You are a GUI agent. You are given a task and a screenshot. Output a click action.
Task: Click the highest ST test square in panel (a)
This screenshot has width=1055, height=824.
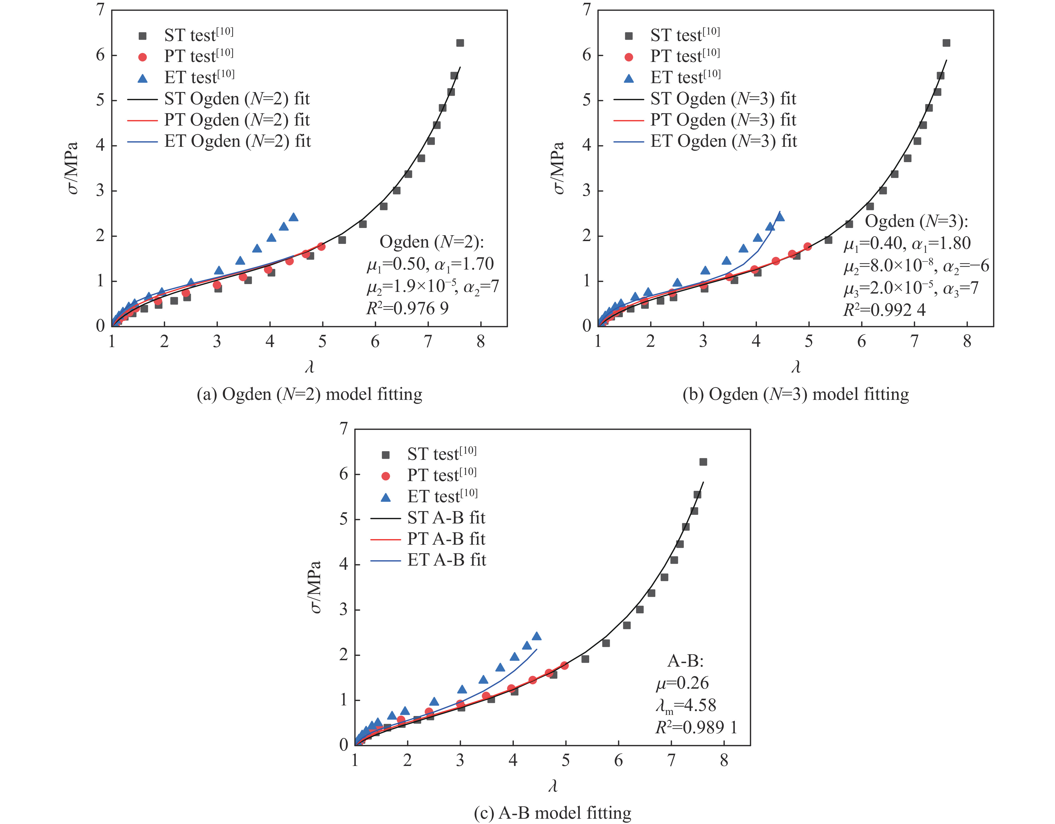460,43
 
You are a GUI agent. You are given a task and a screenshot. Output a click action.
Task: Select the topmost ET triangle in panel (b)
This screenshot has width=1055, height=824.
779,217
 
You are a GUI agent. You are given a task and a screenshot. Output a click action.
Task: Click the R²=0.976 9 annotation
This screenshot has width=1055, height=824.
407,308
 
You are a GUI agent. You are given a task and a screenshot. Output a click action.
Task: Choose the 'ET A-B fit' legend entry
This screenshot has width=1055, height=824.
446,560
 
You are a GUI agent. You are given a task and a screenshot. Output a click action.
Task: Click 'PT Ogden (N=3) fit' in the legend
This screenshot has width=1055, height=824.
723,120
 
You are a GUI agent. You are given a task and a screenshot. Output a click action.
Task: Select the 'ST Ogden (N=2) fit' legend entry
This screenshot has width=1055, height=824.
237,99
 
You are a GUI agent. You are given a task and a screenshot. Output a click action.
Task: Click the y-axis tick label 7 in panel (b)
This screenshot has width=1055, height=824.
586,10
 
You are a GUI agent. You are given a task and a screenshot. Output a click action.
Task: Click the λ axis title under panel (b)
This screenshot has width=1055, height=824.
796,367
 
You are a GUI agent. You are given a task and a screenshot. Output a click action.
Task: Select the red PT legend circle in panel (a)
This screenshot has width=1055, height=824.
143,57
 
